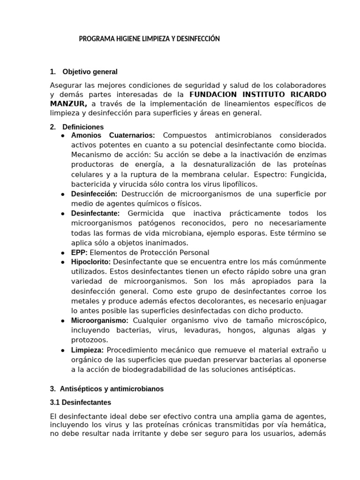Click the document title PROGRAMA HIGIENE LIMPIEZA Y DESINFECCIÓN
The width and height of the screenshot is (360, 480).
point(149,39)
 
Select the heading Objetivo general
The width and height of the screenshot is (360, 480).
point(90,72)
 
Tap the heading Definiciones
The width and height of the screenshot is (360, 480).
point(83,127)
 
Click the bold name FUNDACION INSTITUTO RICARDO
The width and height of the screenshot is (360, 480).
point(257,94)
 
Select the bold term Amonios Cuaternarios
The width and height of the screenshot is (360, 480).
point(113,135)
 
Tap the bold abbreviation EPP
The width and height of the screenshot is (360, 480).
point(79,253)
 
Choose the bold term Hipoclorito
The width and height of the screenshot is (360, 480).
point(91,262)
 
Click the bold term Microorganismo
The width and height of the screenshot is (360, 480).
point(100,321)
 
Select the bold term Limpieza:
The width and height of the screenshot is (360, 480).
point(88,350)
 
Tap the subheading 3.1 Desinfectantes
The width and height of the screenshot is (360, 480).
point(80,402)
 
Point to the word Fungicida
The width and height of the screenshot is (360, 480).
point(310,174)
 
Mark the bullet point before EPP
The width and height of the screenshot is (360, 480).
point(63,253)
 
